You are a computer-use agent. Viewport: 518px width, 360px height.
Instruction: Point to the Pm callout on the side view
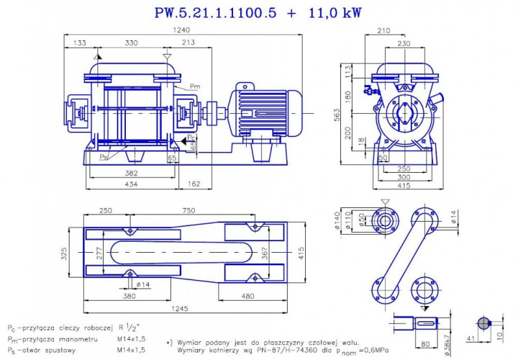(195, 86)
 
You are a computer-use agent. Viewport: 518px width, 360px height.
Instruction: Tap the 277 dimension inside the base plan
(99, 253)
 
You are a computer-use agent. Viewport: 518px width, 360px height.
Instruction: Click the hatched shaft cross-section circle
(483, 324)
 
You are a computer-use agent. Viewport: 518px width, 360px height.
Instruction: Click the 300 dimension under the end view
(404, 176)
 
